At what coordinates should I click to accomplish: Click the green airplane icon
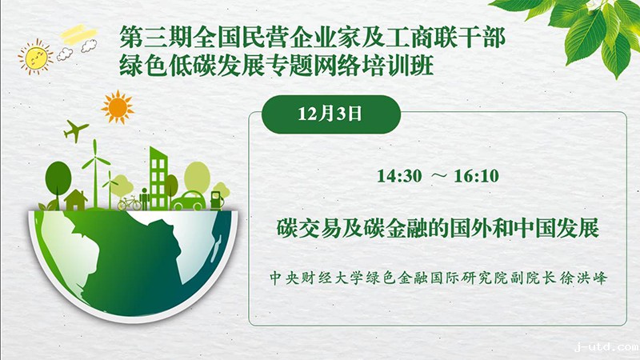[x=75, y=130]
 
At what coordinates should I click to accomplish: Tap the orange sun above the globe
[x=118, y=107]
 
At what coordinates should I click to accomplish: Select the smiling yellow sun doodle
[x=35, y=57]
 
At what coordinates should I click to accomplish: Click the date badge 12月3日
[x=330, y=114]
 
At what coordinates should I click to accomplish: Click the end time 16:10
[x=476, y=176]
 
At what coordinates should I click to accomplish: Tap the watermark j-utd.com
[x=606, y=347]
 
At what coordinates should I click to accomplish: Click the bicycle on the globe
[x=129, y=202]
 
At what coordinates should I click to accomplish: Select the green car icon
[x=188, y=201]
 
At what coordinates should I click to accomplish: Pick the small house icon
[x=76, y=199]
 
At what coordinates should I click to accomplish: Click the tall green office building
[x=158, y=178]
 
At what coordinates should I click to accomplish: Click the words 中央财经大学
[x=310, y=278]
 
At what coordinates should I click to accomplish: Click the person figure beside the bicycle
[x=144, y=198]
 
